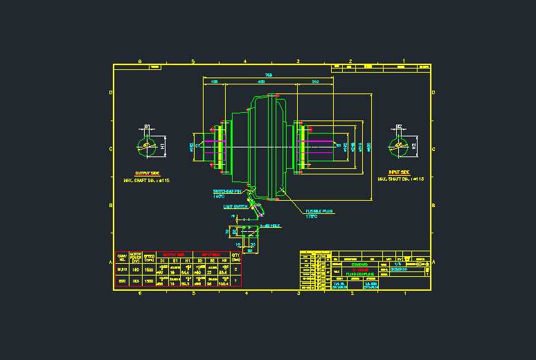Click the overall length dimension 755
click(x=268, y=75)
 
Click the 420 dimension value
click(x=261, y=82)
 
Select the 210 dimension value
click(x=316, y=82)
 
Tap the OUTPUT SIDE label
click(x=147, y=173)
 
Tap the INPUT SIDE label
click(x=399, y=172)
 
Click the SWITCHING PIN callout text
click(x=226, y=191)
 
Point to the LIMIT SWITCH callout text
click(x=235, y=206)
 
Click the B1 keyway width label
click(x=147, y=127)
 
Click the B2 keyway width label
click(x=399, y=127)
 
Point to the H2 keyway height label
click(x=415, y=146)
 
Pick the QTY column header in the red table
click(x=236, y=256)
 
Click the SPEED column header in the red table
click(x=149, y=256)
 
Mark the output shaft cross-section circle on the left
click(x=146, y=147)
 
